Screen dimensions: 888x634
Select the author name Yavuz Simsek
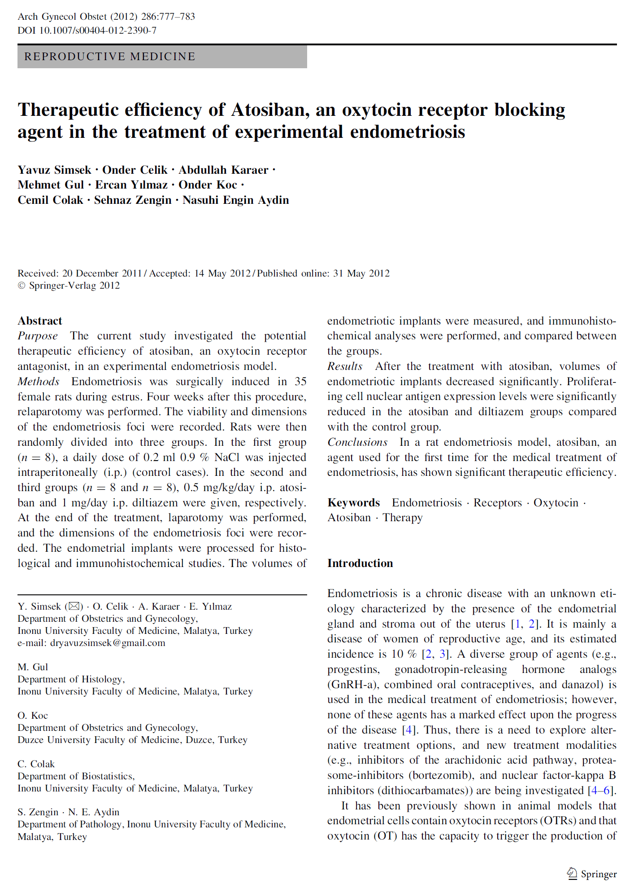[54, 170]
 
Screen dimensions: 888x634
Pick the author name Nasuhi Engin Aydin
[235, 200]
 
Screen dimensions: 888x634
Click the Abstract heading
[40, 321]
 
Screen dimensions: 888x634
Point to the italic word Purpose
[38, 336]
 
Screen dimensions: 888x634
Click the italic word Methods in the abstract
[39, 382]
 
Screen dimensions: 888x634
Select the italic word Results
[344, 366]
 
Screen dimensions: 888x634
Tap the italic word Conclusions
[357, 442]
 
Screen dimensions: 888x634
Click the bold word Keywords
[353, 503]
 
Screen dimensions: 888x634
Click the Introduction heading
[360, 563]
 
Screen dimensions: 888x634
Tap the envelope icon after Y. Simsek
[74, 607]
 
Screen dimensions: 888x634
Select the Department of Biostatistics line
[76, 776]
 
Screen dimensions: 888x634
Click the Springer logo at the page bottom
[591, 874]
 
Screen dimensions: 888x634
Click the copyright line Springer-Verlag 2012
[69, 286]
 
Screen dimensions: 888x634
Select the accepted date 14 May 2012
[222, 273]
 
